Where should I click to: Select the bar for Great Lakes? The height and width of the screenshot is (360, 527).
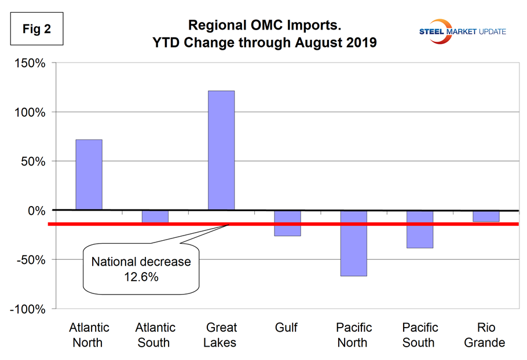tap(221, 150)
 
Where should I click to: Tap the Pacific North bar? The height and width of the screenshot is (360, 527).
tap(353, 243)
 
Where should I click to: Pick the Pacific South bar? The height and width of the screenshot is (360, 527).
tap(419, 229)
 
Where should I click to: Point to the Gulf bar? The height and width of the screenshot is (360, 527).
tap(287, 223)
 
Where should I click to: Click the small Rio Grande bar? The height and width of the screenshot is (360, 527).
tap(485, 216)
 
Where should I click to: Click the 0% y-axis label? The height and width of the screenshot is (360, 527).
tap(36, 211)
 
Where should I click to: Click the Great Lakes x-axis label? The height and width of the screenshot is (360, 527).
tap(221, 335)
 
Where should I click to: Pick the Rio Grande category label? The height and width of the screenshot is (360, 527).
tap(485, 335)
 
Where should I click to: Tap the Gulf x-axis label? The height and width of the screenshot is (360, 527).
tap(287, 328)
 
